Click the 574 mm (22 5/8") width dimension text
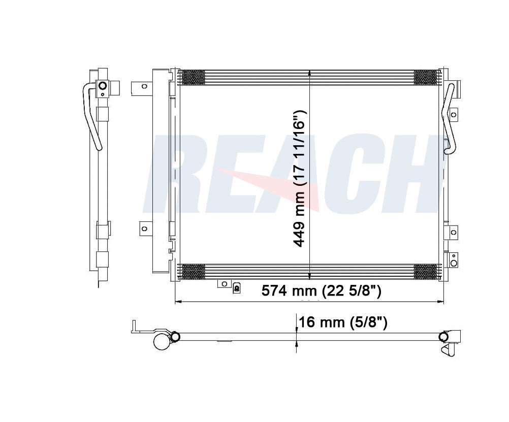(x=321, y=291)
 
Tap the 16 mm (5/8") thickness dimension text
(x=343, y=322)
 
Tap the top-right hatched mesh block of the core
(x=426, y=77)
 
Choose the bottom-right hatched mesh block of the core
(x=426, y=272)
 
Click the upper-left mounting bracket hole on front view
(x=144, y=87)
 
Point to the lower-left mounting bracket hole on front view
(x=144, y=229)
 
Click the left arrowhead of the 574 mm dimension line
(x=177, y=302)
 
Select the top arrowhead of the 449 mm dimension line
(x=310, y=72)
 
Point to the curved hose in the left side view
(x=92, y=117)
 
